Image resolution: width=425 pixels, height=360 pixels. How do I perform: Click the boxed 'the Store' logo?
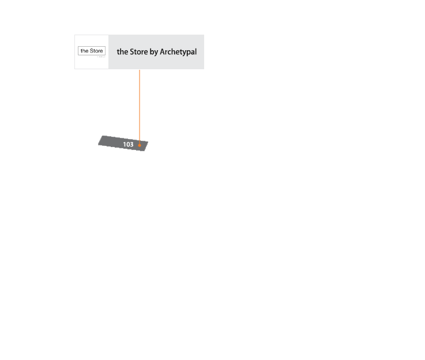coord(92,51)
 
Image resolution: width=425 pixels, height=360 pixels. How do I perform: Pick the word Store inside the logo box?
coord(96,51)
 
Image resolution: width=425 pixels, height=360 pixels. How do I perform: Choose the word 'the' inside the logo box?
coord(84,51)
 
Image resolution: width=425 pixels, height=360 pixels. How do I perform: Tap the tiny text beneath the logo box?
coord(101,57)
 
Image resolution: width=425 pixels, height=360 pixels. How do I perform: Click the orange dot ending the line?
coord(140,145)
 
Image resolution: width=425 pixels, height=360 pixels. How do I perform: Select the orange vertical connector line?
coord(140,104)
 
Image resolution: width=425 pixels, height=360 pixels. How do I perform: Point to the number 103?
coord(128,144)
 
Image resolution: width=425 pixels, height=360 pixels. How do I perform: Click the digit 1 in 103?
coord(125,144)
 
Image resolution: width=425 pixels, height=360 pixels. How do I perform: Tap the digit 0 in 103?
coord(128,144)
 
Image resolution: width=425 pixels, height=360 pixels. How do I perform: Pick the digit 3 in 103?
coord(131,144)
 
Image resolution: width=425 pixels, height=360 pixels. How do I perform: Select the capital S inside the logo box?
coord(92,51)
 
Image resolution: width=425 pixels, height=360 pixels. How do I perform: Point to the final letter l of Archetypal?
coord(195,52)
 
